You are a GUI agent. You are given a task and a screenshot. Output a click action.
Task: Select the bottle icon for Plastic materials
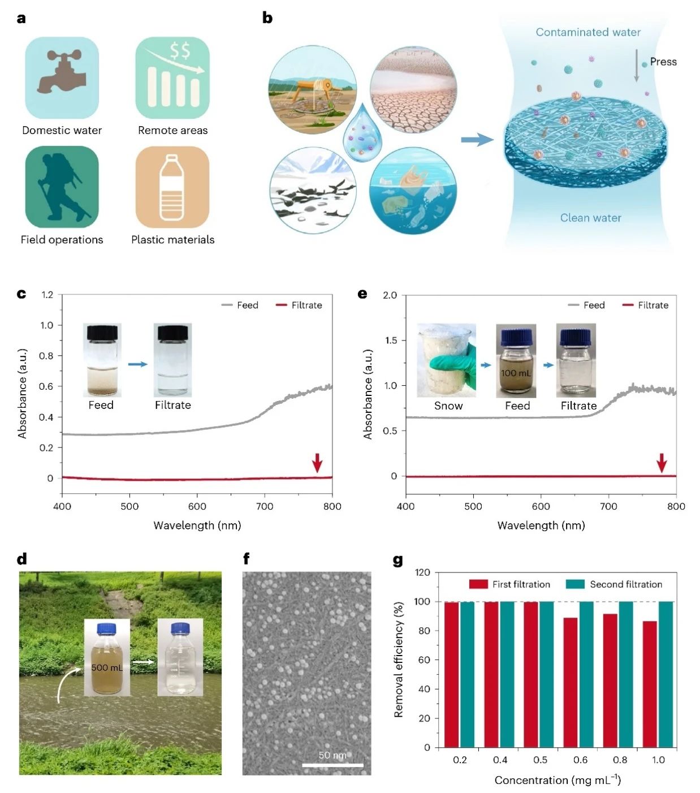pos(172,187)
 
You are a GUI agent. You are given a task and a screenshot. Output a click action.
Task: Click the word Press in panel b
pos(663,62)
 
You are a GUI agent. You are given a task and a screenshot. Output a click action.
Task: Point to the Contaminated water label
pos(588,32)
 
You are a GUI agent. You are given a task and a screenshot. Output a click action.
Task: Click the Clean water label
pos(590,218)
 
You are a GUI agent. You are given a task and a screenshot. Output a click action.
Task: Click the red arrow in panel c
pos(317,462)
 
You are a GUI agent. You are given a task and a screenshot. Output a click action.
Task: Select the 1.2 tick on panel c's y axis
pos(47,295)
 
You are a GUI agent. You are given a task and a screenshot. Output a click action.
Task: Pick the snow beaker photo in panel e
pos(447,360)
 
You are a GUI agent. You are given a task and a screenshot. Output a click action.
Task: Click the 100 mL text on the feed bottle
pos(516,373)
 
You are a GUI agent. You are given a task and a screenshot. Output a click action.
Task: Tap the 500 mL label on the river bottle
pos(107,667)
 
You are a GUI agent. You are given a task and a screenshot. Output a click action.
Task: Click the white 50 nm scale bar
pos(332,765)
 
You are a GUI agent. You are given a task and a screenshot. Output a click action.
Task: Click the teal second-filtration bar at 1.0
pos(666,674)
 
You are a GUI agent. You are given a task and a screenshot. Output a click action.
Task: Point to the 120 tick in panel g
pos(422,572)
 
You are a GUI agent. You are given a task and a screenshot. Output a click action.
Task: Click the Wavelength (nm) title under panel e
pos(541,525)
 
